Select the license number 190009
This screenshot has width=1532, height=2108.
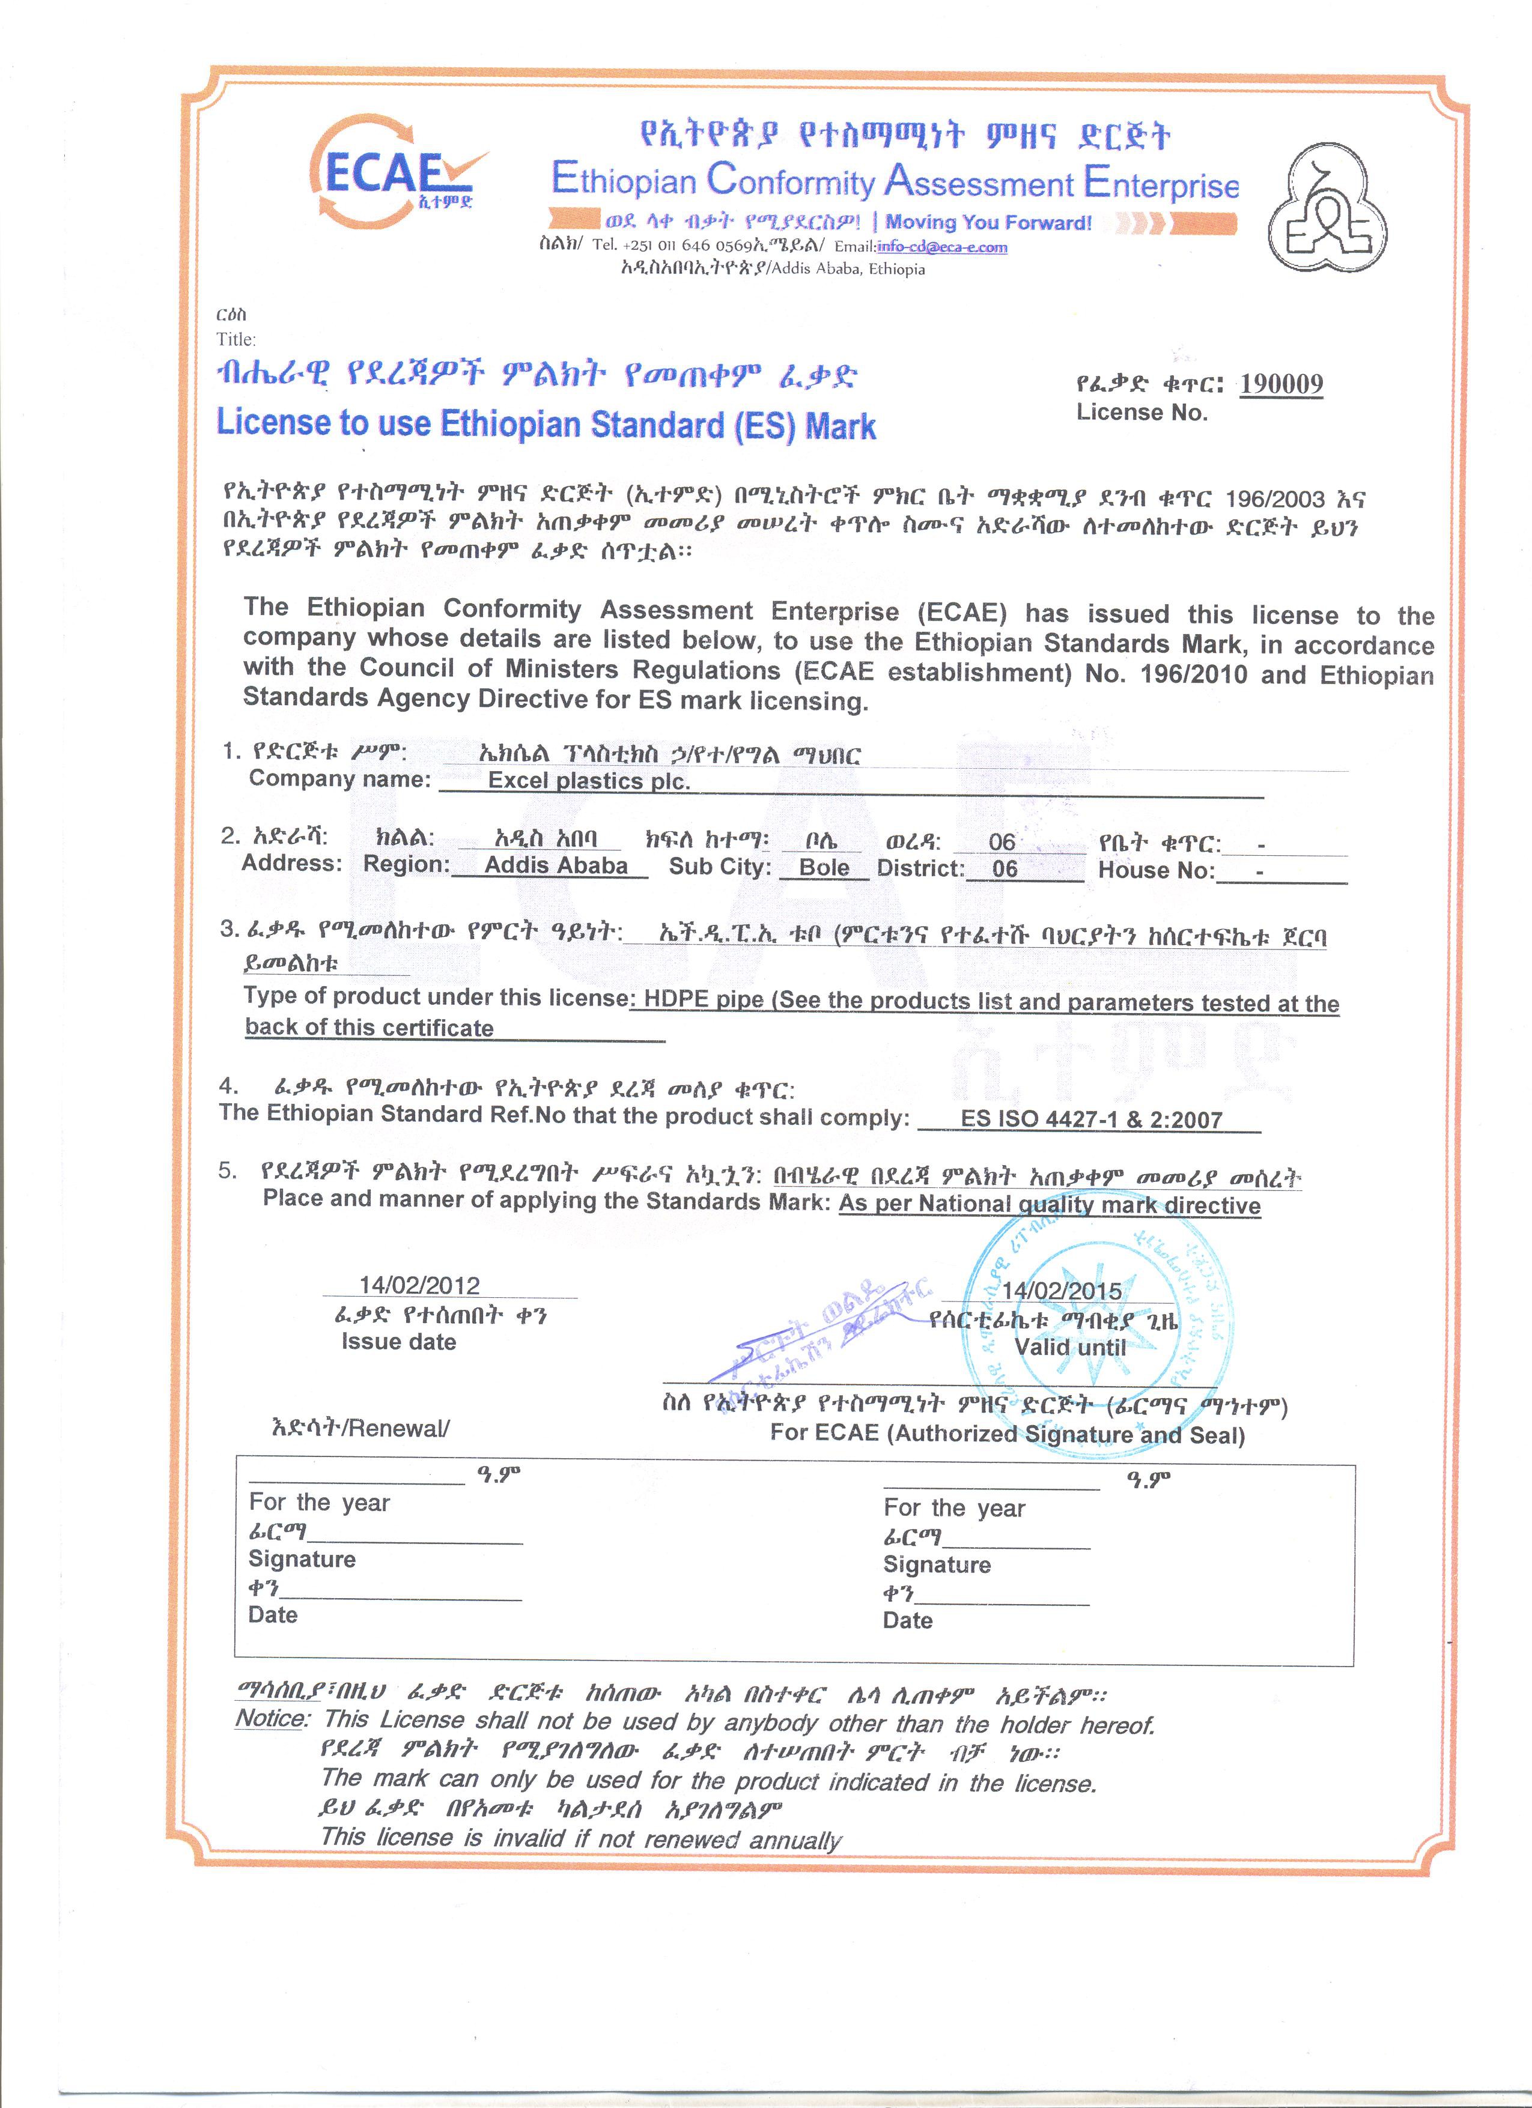click(x=1281, y=383)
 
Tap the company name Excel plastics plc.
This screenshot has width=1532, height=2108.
click(x=588, y=781)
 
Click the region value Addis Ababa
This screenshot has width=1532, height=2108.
click(x=556, y=865)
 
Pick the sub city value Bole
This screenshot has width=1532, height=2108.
click(x=824, y=867)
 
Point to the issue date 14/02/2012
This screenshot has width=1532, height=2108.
click(x=419, y=1285)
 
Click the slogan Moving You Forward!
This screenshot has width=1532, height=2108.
click(x=988, y=222)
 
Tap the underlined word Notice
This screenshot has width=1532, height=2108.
click(x=270, y=1718)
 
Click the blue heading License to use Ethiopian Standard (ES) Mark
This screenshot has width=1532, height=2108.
click(x=546, y=424)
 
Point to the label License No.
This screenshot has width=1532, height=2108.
click(x=1141, y=413)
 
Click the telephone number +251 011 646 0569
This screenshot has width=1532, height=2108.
click(x=688, y=246)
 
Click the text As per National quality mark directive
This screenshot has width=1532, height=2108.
click(x=1048, y=1205)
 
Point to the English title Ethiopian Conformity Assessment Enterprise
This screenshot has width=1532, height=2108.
click(x=895, y=181)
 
